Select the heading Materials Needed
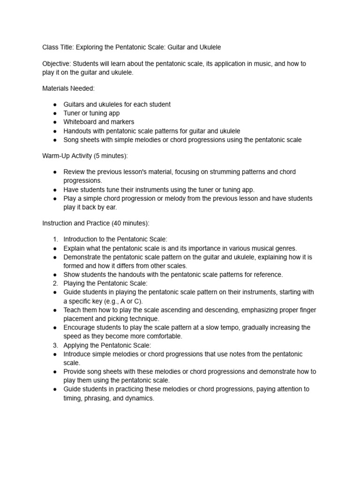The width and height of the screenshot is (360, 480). [x=68, y=88]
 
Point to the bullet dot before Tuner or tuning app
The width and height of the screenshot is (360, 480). [x=55, y=113]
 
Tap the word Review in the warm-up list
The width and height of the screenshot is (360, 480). [x=75, y=172]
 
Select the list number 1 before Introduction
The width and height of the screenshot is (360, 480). [x=55, y=240]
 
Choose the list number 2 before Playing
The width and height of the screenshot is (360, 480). [x=55, y=283]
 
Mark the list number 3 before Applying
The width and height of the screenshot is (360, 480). [x=55, y=345]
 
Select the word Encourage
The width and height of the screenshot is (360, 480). [x=81, y=327]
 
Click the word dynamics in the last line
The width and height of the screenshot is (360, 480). [x=139, y=398]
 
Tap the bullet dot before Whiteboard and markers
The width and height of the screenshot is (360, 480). [x=55, y=122]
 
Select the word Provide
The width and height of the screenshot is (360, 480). [x=76, y=371]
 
